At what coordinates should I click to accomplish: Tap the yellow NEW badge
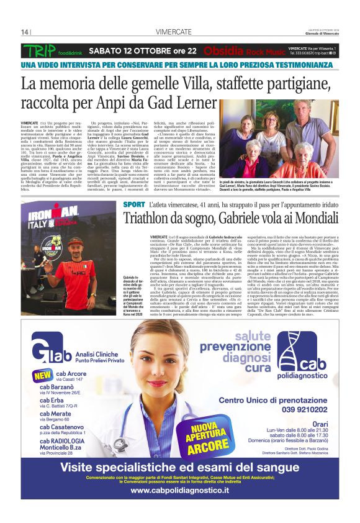43,376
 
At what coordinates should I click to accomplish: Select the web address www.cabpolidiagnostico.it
179,490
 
